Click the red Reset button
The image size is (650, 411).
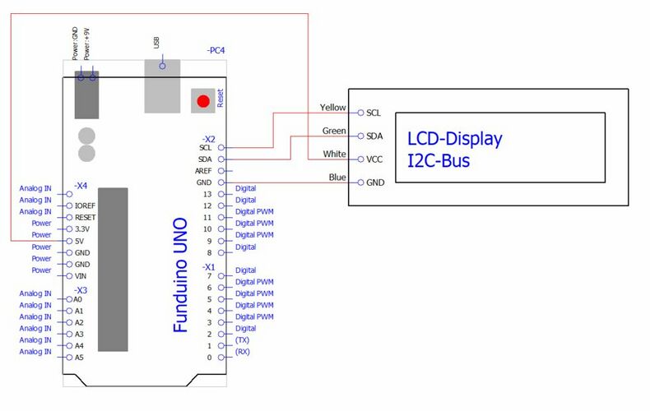tap(203, 101)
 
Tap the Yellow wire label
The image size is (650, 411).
tap(332, 108)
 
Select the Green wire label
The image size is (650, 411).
tap(333, 131)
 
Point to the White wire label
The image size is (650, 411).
tap(334, 154)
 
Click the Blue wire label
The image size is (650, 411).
tap(337, 177)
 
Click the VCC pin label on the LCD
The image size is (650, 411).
tap(374, 159)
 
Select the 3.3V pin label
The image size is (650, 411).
tap(84, 229)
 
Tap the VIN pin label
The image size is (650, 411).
tap(81, 276)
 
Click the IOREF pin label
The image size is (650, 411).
tap(86, 205)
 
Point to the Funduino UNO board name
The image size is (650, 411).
tap(180, 275)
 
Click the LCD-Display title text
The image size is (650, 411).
tap(454, 138)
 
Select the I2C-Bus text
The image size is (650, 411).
tap(439, 159)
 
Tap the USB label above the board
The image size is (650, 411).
tap(156, 42)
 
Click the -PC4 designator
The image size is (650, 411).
tap(216, 51)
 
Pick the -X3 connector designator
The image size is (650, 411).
tap(81, 290)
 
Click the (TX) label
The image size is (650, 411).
tap(242, 339)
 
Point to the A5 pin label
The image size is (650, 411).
tap(78, 358)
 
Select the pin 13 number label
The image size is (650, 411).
tap(208, 194)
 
